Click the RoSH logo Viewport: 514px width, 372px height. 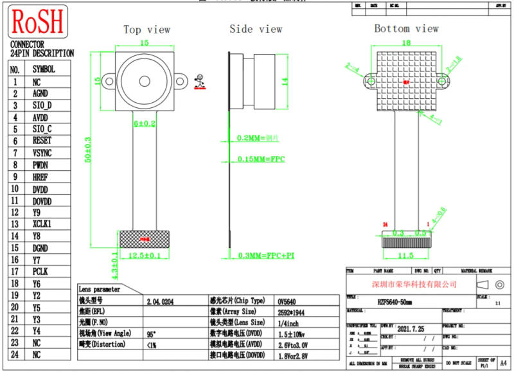click(37, 22)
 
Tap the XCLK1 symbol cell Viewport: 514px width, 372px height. click(42, 224)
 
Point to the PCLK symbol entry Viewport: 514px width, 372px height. click(40, 271)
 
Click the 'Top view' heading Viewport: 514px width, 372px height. click(146, 30)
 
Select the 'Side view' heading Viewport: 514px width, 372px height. click(256, 29)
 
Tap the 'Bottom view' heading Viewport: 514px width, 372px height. click(406, 28)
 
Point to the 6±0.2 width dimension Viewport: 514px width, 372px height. click(144, 123)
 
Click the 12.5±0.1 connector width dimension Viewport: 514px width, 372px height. click(145, 256)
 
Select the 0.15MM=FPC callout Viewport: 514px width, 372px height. click(261, 159)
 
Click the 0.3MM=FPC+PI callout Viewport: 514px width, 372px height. click(265, 256)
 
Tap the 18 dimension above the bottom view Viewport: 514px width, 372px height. click(405, 42)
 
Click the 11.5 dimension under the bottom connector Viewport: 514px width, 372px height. click(405, 255)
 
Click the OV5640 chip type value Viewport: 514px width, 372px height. click(287, 301)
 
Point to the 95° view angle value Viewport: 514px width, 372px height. click(152, 333)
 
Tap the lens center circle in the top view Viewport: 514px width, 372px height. click(144, 81)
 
